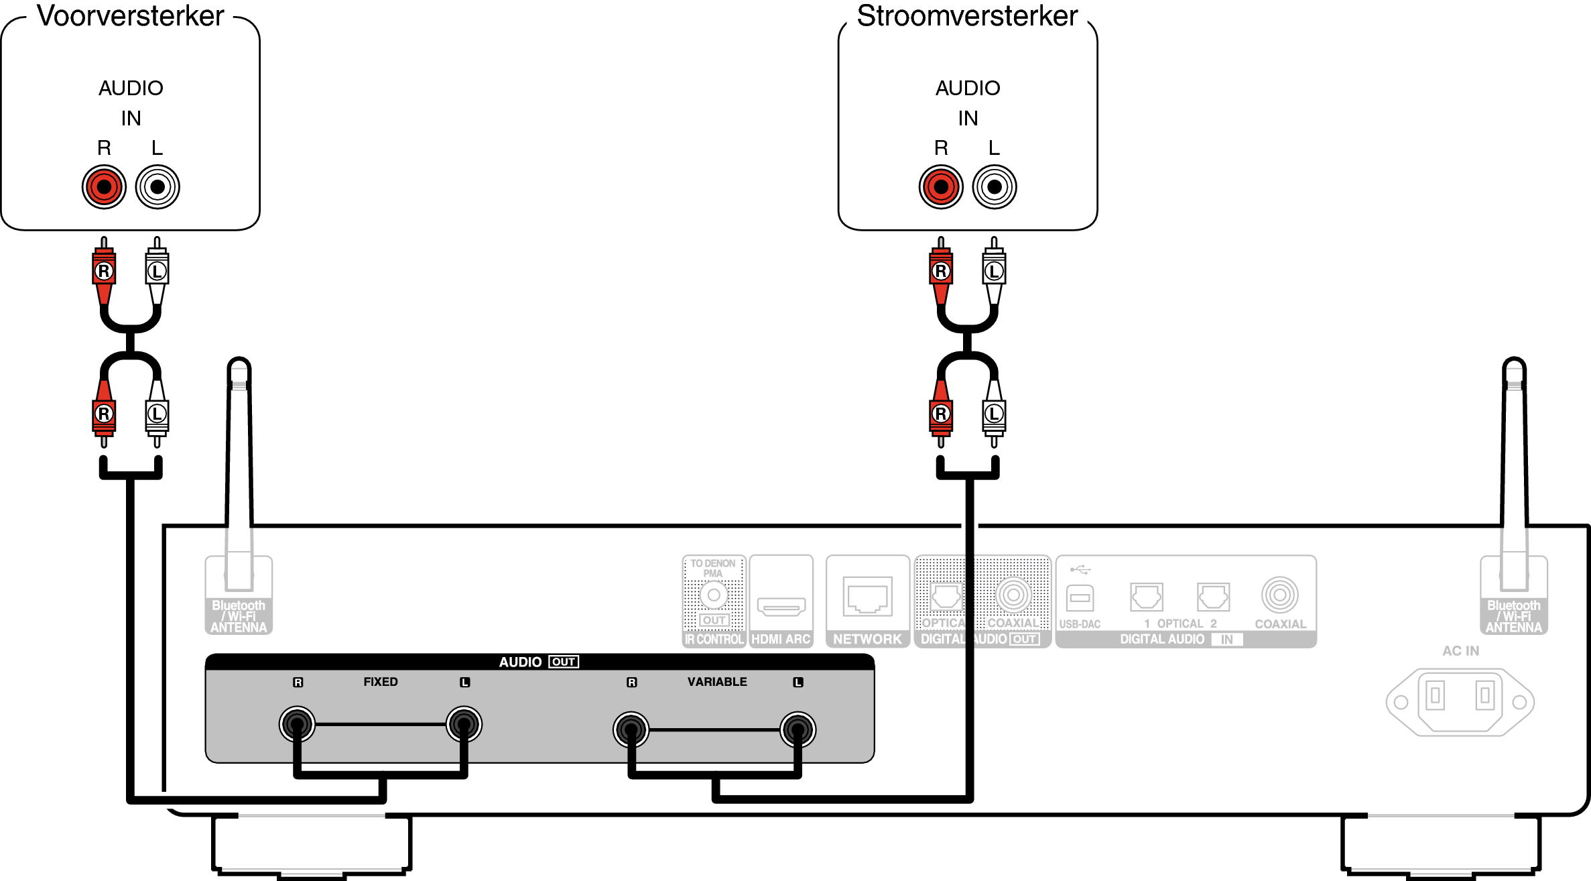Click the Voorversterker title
point(130,16)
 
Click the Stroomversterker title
point(967,16)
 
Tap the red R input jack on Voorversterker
point(104,186)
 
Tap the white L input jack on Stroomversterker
point(995,186)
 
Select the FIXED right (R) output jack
point(297,724)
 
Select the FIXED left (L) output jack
point(464,724)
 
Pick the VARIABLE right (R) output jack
point(631,729)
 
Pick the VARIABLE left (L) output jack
point(798,729)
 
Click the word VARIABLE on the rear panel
point(716,682)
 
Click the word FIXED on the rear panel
point(380,682)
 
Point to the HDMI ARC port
point(781,606)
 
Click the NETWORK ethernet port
point(867,596)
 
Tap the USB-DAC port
point(1079,597)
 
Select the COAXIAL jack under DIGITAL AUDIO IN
point(1279,595)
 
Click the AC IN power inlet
point(1460,701)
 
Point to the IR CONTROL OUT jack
point(714,595)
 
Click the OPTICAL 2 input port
point(1213,596)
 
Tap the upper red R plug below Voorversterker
point(104,271)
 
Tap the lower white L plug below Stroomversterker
point(994,414)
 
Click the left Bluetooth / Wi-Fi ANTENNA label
point(239,616)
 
